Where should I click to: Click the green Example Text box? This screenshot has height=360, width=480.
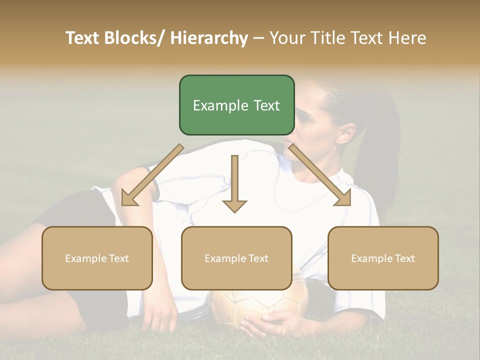click(236, 105)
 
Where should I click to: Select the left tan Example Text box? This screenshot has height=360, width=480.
click(97, 258)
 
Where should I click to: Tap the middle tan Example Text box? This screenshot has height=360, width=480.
click(236, 258)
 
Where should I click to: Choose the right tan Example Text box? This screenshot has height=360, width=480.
click(383, 258)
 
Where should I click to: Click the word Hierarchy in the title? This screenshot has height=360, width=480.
click(209, 38)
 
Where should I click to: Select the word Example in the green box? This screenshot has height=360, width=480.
click(216, 105)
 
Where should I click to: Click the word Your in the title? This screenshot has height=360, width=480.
click(286, 38)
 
